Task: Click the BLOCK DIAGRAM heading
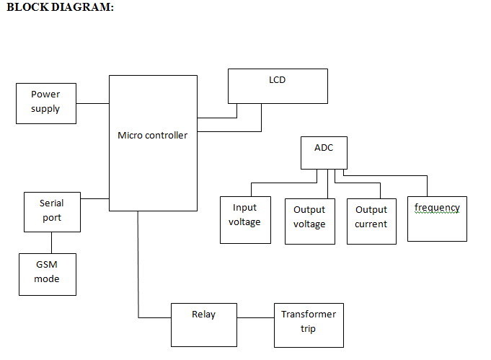coord(60,6)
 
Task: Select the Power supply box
coord(46,102)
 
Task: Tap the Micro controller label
coord(152,135)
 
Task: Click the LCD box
coord(278,86)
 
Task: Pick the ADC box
coord(324,152)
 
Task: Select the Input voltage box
coord(244,219)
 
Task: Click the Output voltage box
coord(309,221)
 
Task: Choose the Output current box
coord(371,221)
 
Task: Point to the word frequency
coord(437,208)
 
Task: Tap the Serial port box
coord(52,211)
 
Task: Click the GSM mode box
coord(47,273)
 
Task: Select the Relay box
coord(203,324)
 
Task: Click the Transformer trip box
coord(309,325)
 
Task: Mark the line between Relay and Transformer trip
coord(255,317)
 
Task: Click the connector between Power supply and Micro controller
coord(92,103)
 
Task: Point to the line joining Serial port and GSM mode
coord(51,242)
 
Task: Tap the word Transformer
coord(309,314)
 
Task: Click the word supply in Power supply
coord(45,109)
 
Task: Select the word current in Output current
coord(371,224)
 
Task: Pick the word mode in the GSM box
coord(47,279)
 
